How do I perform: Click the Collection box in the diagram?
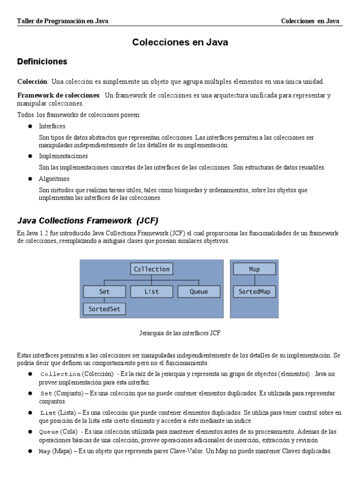click(151, 269)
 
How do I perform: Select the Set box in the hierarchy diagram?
click(105, 292)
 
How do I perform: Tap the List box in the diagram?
click(151, 292)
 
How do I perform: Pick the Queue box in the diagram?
click(199, 292)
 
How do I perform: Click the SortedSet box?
click(105, 309)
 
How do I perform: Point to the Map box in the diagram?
click(255, 269)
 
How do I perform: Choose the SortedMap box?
click(255, 292)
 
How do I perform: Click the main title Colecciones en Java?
click(180, 42)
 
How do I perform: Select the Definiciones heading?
click(42, 62)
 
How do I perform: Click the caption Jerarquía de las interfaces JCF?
click(180, 333)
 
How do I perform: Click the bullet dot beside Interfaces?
click(30, 127)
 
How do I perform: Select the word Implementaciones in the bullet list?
click(63, 156)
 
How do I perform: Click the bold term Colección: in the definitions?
click(33, 82)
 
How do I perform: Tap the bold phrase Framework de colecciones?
click(59, 96)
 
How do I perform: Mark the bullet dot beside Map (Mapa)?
click(30, 451)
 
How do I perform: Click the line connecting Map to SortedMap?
click(255, 280)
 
